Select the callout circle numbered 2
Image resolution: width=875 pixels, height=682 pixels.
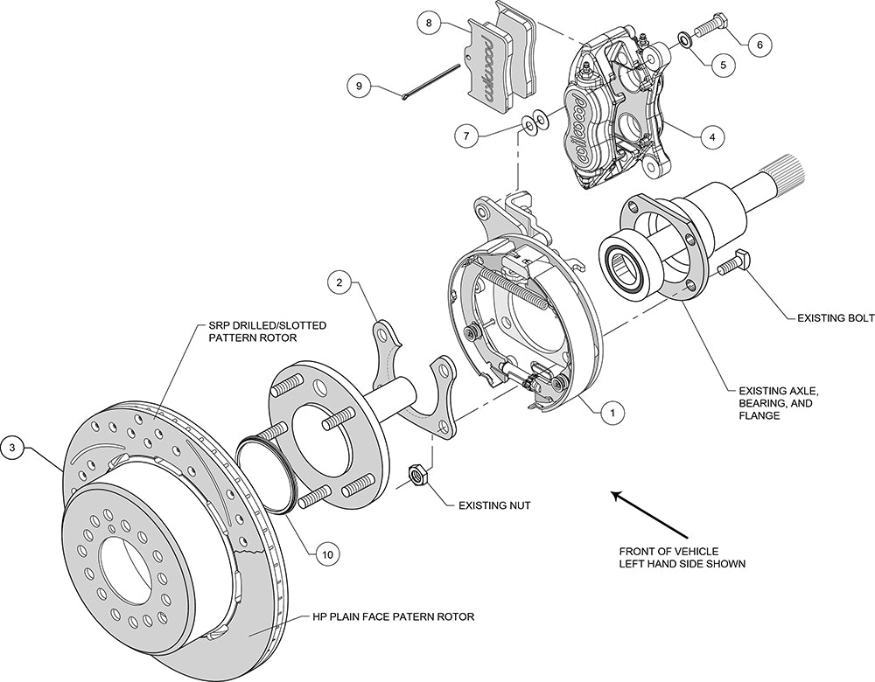point(341,282)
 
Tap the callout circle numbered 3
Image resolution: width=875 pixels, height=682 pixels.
point(12,449)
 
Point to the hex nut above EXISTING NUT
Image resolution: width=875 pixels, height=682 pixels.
point(418,476)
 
